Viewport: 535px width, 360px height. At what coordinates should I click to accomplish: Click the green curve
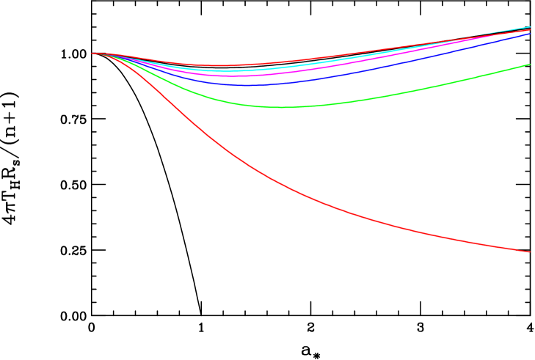[367, 99]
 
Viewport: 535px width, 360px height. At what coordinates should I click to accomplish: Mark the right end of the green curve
[530, 65]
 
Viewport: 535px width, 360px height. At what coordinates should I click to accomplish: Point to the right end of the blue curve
[530, 33]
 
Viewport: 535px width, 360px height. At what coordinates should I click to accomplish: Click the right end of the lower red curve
[530, 252]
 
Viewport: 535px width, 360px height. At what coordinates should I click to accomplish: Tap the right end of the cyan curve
[530, 27]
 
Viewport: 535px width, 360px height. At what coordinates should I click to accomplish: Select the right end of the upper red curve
[530, 30]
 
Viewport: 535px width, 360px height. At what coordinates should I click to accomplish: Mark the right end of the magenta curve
[530, 31]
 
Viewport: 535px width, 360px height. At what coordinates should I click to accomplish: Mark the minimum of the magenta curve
[231, 76]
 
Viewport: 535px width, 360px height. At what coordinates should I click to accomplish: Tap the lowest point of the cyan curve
[224, 71]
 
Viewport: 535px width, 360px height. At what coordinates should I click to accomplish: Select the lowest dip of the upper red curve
[213, 65]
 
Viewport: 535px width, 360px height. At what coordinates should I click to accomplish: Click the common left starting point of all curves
[93, 53]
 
